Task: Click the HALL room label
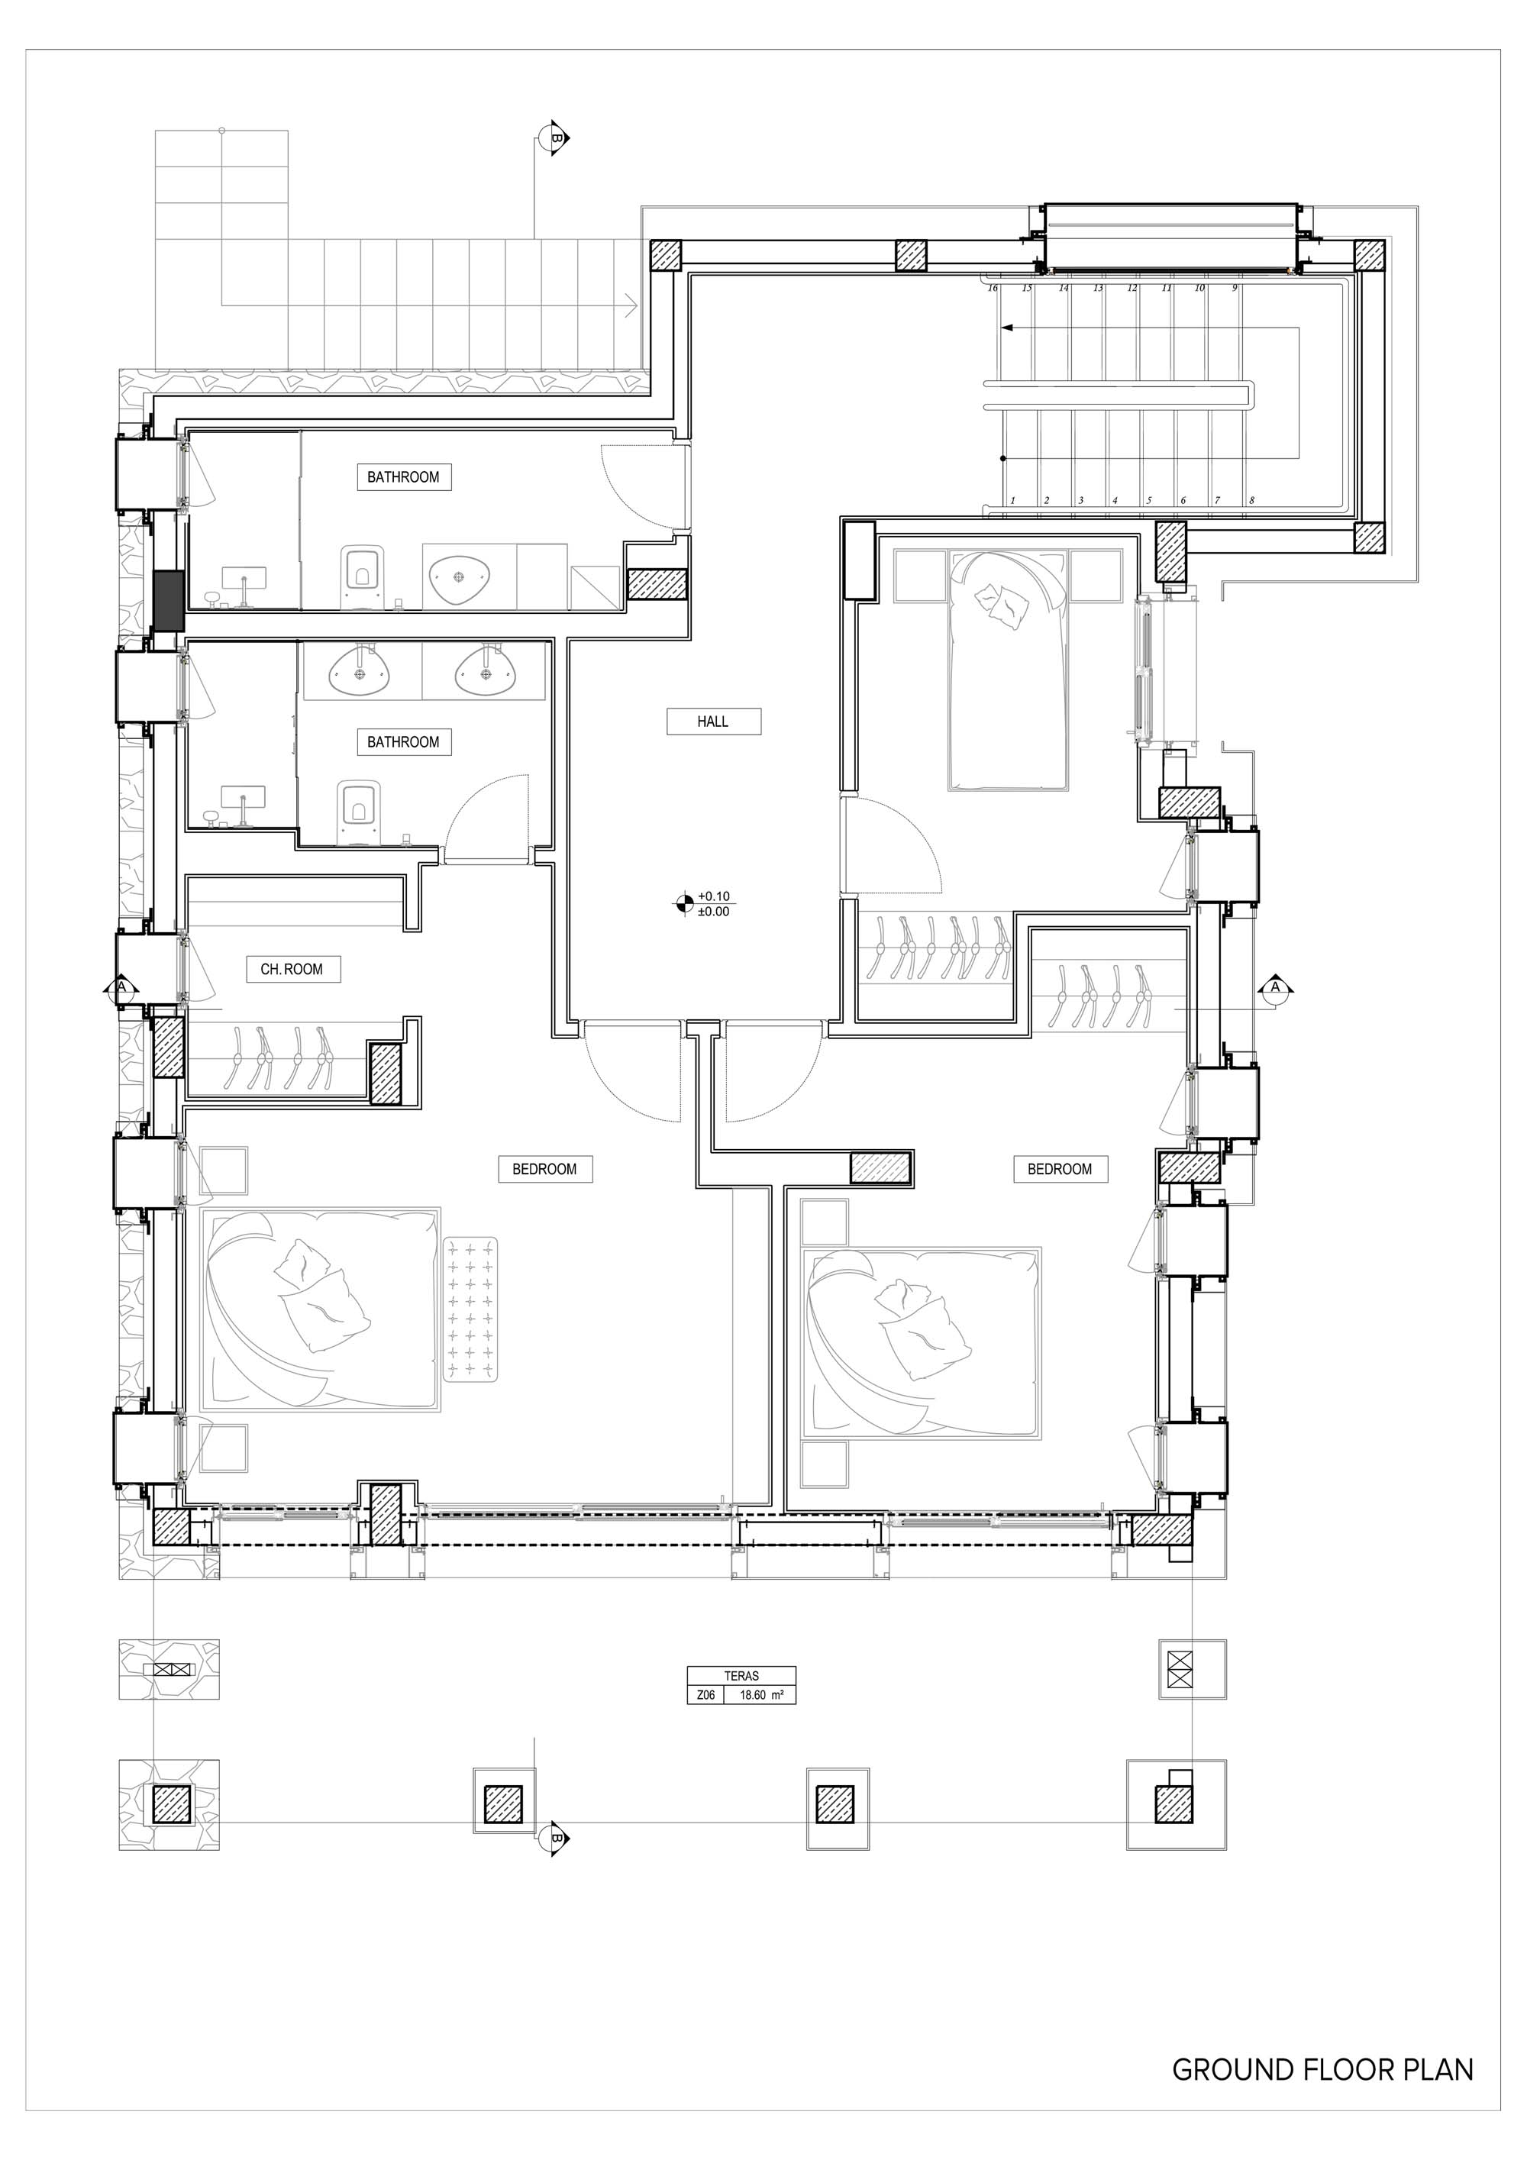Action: click(x=713, y=722)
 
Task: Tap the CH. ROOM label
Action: click(x=292, y=969)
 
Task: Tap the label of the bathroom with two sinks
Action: click(x=404, y=742)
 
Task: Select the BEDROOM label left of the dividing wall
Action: click(x=544, y=1170)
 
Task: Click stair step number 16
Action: click(x=993, y=288)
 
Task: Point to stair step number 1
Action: click(x=1012, y=502)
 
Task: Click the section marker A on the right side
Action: click(x=1276, y=988)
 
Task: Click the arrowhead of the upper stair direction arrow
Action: click(x=1008, y=328)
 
